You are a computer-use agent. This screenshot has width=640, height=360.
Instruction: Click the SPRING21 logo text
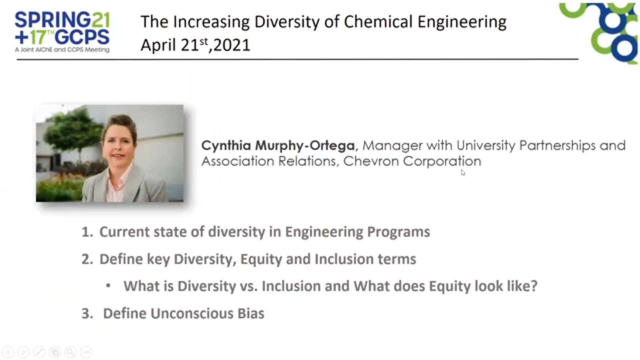[62, 20]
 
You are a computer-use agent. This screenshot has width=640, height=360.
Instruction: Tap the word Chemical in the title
[378, 22]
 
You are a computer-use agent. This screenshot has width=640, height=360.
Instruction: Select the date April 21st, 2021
[195, 45]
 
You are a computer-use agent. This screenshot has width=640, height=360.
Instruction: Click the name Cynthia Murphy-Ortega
[278, 146]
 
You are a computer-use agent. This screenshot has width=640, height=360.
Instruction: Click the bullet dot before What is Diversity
[108, 286]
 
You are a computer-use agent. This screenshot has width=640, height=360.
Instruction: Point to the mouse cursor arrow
[463, 173]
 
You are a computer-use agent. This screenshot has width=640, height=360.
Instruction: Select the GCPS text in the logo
[82, 37]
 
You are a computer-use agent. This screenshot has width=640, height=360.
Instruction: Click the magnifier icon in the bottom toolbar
[70, 352]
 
